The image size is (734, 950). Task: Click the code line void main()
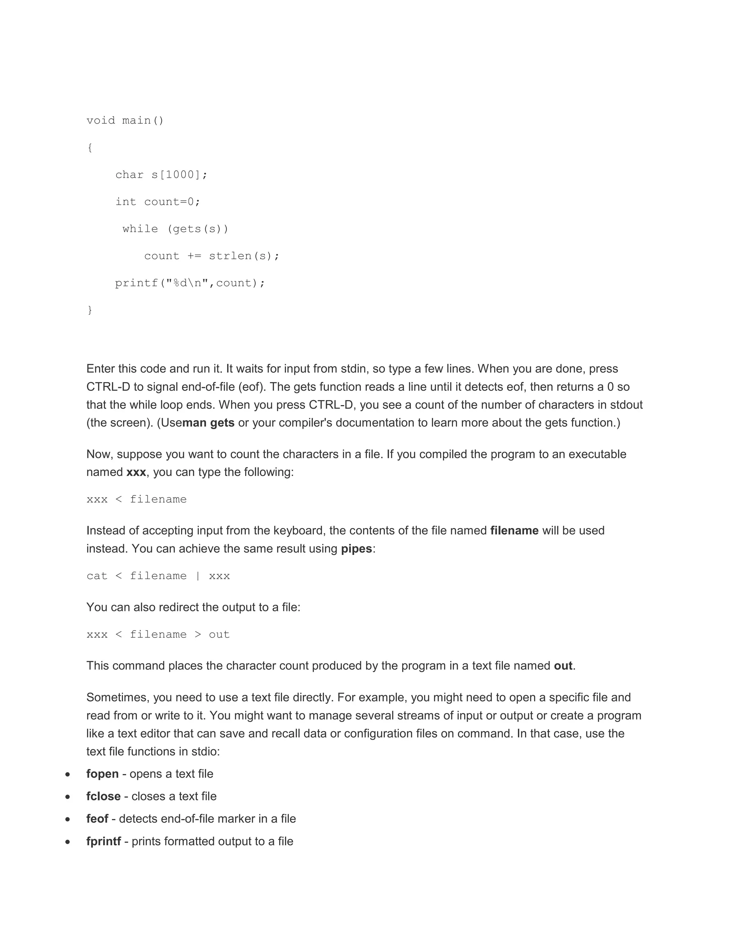125,120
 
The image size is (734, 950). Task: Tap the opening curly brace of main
90,148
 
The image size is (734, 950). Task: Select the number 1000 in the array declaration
180,175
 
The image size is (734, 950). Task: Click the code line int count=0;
157,202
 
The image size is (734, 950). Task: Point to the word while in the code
140,229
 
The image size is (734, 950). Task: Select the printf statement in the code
190,283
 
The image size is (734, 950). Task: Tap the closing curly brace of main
90,310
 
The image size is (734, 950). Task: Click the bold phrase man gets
208,423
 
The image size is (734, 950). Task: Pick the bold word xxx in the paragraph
136,472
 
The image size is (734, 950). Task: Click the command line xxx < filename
137,499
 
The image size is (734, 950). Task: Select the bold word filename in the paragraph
514,531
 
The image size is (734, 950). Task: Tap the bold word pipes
357,549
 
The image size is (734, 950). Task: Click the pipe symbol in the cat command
198,576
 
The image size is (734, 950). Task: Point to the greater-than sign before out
198,635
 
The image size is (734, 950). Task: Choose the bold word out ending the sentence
563,666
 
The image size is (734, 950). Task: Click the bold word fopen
102,774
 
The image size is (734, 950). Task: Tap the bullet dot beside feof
67,820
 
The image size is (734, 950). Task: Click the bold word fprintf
104,841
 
